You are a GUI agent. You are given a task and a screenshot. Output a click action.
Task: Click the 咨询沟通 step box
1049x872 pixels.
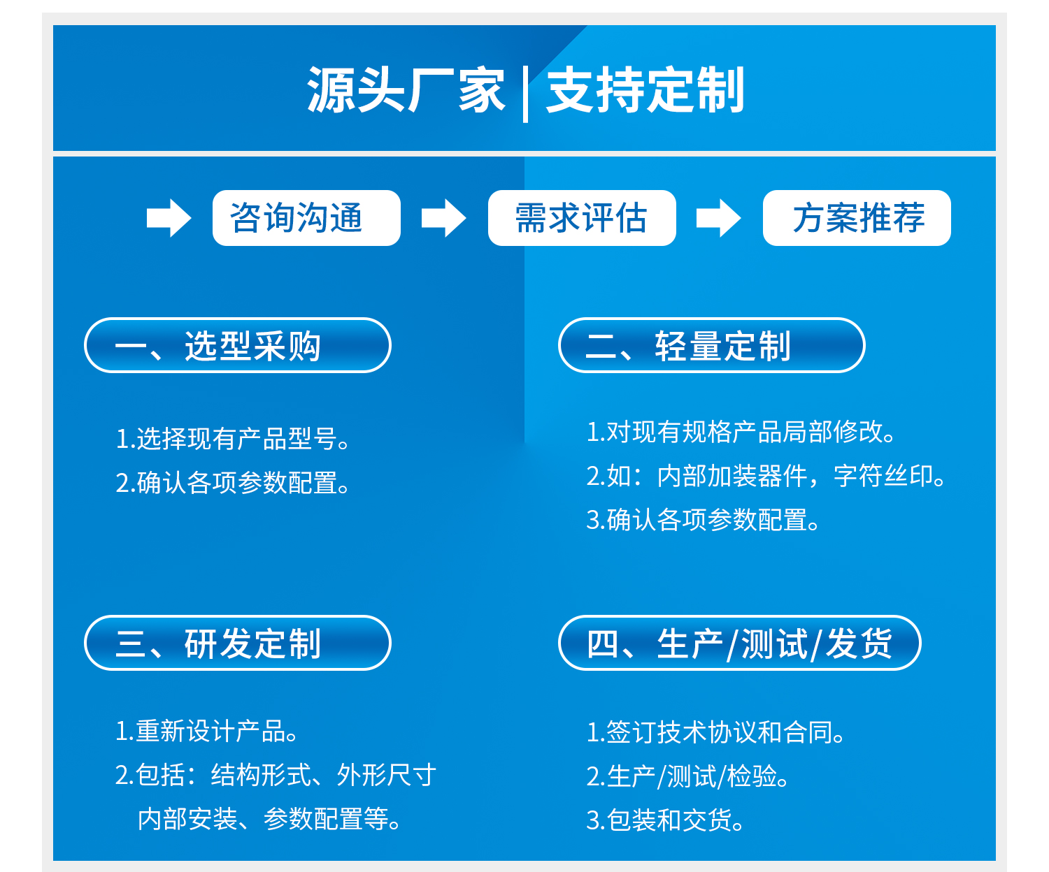click(x=306, y=218)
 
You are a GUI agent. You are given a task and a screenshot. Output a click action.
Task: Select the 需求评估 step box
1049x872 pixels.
click(x=582, y=218)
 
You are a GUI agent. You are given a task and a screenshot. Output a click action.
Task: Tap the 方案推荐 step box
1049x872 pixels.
click(x=857, y=218)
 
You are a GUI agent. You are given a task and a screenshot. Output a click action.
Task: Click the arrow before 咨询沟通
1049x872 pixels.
click(x=169, y=218)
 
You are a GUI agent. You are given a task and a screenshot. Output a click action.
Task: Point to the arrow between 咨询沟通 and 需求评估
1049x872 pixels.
click(x=443, y=218)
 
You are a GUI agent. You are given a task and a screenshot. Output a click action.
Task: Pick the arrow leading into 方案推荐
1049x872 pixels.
click(x=718, y=218)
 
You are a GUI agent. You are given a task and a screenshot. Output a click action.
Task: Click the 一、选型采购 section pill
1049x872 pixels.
click(x=238, y=345)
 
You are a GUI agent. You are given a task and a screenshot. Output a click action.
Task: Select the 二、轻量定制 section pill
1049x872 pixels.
click(x=711, y=345)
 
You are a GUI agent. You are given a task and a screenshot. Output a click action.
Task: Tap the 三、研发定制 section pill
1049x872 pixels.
click(x=238, y=643)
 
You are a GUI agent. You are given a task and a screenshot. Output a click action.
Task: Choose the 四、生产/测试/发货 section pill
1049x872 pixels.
click(x=739, y=643)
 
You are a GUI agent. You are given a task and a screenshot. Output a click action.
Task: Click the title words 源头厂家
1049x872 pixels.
click(x=406, y=90)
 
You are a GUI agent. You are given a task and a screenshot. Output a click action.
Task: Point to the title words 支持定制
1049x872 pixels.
click(x=645, y=90)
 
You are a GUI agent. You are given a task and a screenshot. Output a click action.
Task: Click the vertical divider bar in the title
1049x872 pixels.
click(x=525, y=94)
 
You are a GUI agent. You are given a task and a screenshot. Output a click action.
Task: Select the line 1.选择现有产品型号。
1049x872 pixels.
click(x=233, y=439)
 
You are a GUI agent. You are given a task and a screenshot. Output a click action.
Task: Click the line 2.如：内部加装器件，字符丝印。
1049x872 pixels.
click(x=766, y=475)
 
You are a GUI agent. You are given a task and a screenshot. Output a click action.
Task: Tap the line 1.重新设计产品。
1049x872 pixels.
click(x=207, y=731)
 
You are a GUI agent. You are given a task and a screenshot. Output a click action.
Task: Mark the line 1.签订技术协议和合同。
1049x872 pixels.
click(x=715, y=732)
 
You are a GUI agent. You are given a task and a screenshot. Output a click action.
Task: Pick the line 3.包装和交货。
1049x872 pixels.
click(x=664, y=820)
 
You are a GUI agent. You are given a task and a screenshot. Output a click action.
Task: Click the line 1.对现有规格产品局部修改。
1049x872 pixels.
click(x=741, y=432)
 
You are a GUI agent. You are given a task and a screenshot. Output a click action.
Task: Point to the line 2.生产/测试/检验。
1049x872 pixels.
click(x=687, y=776)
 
